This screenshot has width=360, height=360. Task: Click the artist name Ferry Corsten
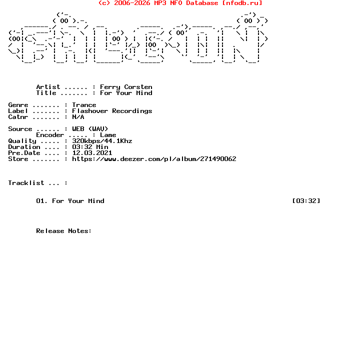click(126, 87)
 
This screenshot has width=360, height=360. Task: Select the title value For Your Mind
click(126, 93)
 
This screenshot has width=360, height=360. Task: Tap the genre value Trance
click(84, 105)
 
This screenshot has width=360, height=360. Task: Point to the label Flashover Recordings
click(112, 111)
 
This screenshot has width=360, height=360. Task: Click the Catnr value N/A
click(78, 117)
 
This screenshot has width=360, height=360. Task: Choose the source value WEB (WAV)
click(90, 129)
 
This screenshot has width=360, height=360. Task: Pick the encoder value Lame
click(108, 135)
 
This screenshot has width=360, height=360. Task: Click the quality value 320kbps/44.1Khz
click(102, 141)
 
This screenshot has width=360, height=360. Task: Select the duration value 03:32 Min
click(90, 147)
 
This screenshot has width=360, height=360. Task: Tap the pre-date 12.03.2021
click(92, 153)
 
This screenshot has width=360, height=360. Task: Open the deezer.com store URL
click(154, 159)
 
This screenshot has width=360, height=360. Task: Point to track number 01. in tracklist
click(42, 201)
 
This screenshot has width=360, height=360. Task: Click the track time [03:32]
click(306, 201)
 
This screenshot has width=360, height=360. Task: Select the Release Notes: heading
click(64, 231)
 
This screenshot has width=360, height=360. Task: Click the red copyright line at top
click(180, 3)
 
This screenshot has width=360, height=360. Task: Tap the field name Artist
click(48, 87)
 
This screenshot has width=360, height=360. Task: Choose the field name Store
click(18, 159)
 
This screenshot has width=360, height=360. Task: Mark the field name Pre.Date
click(24, 153)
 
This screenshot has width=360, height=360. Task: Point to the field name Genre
click(18, 105)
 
